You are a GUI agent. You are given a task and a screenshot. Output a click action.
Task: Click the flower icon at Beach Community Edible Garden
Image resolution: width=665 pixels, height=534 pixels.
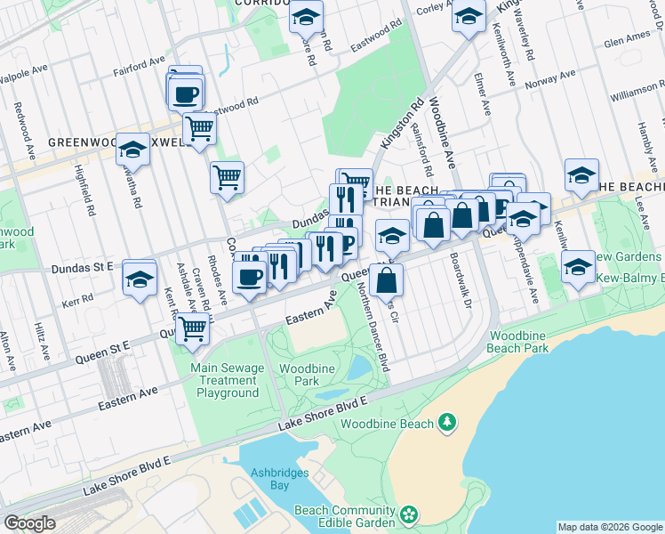pos(409,514)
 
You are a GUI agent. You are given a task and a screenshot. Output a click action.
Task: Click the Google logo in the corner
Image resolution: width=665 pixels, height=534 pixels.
pos(29,522)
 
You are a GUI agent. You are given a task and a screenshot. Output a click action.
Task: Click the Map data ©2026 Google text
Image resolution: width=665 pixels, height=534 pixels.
pos(609,527)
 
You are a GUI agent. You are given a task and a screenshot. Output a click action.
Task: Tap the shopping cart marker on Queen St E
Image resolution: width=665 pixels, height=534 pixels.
pos(193,328)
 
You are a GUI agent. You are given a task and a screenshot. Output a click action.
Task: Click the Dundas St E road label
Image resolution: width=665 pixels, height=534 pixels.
pos(84,266)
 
